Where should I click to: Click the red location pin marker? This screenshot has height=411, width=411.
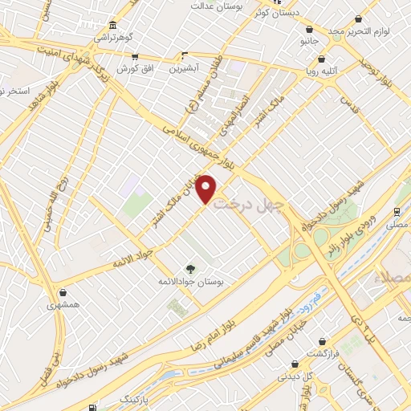pyautogui.click(x=206, y=189)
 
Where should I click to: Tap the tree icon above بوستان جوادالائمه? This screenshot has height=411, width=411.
pyautogui.click(x=190, y=268)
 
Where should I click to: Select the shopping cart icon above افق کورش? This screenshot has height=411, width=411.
pyautogui.click(x=134, y=56)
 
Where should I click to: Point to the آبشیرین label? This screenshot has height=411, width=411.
pyautogui.click(x=184, y=68)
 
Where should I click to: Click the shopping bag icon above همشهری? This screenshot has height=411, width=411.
pyautogui.click(x=63, y=292)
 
